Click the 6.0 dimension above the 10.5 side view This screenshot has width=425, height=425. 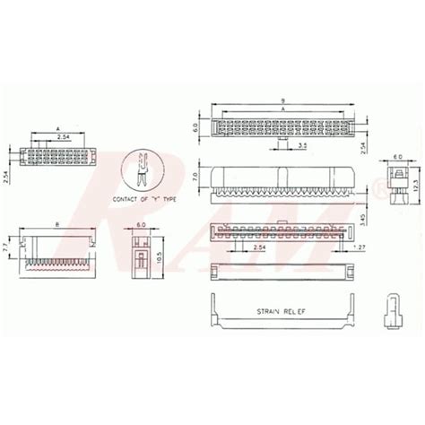point(141,226)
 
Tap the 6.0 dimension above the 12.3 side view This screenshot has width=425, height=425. point(397,155)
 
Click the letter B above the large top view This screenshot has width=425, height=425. point(282,100)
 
